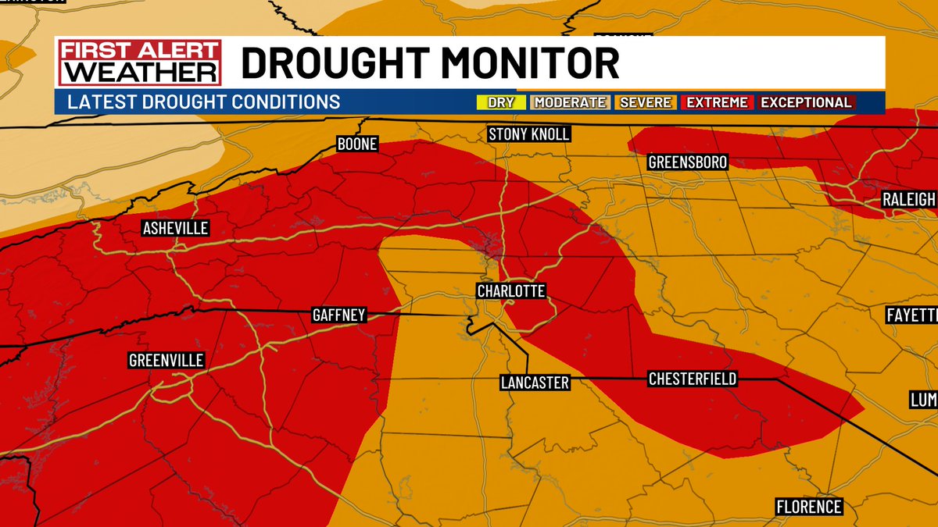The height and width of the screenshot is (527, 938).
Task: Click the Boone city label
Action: (x=357, y=144)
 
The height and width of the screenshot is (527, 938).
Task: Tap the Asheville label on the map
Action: (x=175, y=229)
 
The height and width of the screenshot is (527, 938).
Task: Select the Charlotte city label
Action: (x=511, y=291)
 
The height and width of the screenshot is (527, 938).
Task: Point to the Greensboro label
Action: (x=688, y=162)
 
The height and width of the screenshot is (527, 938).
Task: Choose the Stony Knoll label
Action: (x=528, y=134)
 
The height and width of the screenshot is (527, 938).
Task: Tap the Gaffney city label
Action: (x=338, y=315)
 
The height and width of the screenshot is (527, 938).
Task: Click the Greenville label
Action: (x=166, y=361)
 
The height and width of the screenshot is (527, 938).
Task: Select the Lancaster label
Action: (x=535, y=383)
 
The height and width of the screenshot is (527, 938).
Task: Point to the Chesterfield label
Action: (x=692, y=379)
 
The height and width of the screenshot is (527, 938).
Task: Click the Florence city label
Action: (x=809, y=507)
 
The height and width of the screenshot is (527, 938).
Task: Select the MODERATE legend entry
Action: (x=570, y=102)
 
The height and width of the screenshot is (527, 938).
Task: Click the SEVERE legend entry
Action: (x=644, y=102)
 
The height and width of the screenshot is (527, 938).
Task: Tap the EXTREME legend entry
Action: (x=717, y=102)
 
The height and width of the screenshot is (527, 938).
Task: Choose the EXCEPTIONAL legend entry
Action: (x=806, y=102)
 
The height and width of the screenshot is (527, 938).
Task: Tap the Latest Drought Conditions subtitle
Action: (x=204, y=102)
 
